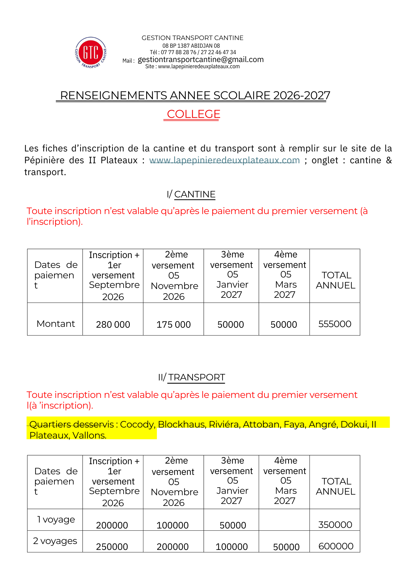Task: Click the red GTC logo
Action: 91,53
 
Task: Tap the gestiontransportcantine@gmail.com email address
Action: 201,60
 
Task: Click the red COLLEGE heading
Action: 193,114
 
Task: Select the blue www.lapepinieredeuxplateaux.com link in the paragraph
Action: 224,160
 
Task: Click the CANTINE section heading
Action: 195,194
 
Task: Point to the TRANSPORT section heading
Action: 196,377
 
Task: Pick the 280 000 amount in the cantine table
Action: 113,325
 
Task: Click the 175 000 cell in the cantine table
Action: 174,325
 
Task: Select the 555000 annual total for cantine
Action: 335,324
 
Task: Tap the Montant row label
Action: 56,324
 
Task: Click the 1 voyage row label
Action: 56,519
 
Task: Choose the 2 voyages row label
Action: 55,541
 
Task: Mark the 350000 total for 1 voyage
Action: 335,525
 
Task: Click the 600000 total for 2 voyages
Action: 336,546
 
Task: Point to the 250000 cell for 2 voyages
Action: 112,547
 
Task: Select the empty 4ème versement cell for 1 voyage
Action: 284,520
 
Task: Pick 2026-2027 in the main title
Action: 301,96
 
